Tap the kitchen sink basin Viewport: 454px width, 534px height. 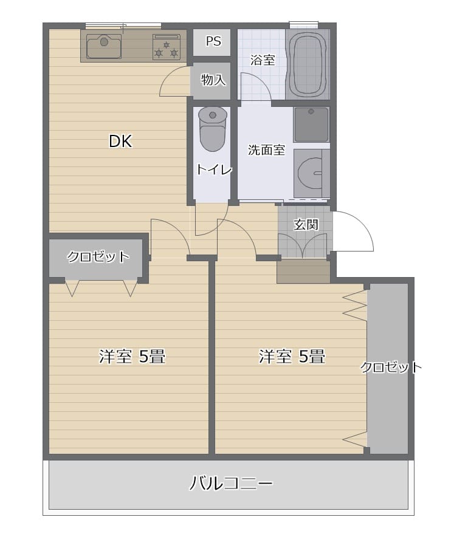point(104,46)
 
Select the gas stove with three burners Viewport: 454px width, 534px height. point(166,47)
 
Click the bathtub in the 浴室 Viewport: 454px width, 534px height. point(308,64)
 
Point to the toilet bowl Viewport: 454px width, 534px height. point(213,129)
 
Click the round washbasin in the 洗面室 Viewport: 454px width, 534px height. point(311,173)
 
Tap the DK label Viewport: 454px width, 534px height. point(120,141)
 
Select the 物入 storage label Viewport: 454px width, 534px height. point(213,80)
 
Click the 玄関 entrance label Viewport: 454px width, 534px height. point(306,225)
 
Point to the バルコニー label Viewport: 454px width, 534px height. point(231,483)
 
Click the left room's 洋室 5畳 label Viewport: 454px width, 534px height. point(132,356)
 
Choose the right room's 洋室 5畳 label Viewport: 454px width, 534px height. point(292,356)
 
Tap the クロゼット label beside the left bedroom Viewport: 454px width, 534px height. point(98,256)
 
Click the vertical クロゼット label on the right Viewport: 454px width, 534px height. point(391,367)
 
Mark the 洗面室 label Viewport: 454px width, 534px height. point(266,150)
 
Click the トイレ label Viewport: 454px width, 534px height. point(214,169)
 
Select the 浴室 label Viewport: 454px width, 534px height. point(263,60)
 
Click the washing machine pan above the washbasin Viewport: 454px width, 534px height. point(311,125)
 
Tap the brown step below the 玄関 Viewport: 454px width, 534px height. point(303,271)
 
